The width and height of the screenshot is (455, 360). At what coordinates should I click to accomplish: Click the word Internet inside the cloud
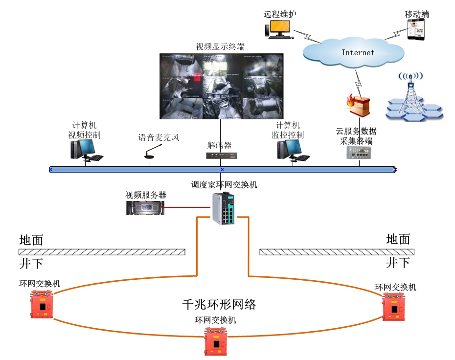pyautogui.click(x=358, y=52)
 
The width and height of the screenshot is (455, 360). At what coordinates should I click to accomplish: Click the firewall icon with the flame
pyautogui.click(x=358, y=105)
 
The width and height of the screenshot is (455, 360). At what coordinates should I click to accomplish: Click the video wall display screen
pyautogui.click(x=221, y=86)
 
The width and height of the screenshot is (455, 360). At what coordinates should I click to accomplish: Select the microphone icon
pyautogui.click(x=151, y=151)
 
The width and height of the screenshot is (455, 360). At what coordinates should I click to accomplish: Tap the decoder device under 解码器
pyautogui.click(x=221, y=156)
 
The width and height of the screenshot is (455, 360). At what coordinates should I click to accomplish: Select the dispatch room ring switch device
pyautogui.click(x=224, y=208)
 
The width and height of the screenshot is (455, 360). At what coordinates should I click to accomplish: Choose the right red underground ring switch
pyautogui.click(x=394, y=307)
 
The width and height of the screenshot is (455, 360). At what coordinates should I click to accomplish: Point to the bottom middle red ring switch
pyautogui.click(x=216, y=341)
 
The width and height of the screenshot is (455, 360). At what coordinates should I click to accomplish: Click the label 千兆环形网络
pyautogui.click(x=219, y=304)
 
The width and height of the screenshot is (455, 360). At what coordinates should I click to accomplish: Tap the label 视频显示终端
pyautogui.click(x=220, y=47)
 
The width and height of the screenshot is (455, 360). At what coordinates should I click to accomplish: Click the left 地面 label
pyautogui.click(x=31, y=240)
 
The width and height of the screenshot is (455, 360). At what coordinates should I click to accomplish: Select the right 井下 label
pyautogui.click(x=398, y=263)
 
